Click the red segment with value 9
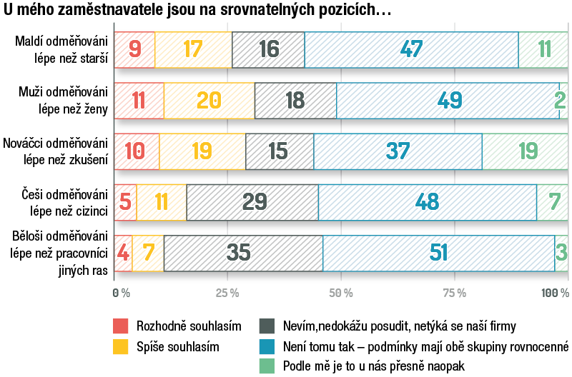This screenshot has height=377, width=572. [x=134, y=50]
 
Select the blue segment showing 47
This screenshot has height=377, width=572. [x=411, y=50]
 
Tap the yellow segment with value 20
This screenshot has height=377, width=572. [x=209, y=101]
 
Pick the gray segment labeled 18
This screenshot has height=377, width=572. [x=295, y=101]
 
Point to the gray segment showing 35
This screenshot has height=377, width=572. [x=243, y=253]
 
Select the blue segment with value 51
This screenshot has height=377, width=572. [x=438, y=253]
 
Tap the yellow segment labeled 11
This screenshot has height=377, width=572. [x=162, y=202]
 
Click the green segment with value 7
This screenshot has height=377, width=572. [x=553, y=202]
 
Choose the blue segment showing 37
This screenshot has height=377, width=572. [x=398, y=151]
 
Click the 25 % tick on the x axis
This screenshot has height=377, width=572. [x=227, y=293]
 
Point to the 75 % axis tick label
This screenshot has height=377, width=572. [x=454, y=293]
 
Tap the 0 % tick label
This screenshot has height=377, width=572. [x=121, y=293]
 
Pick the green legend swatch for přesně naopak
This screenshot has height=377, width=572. [x=267, y=367]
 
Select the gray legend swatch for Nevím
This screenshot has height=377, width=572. [x=267, y=326]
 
